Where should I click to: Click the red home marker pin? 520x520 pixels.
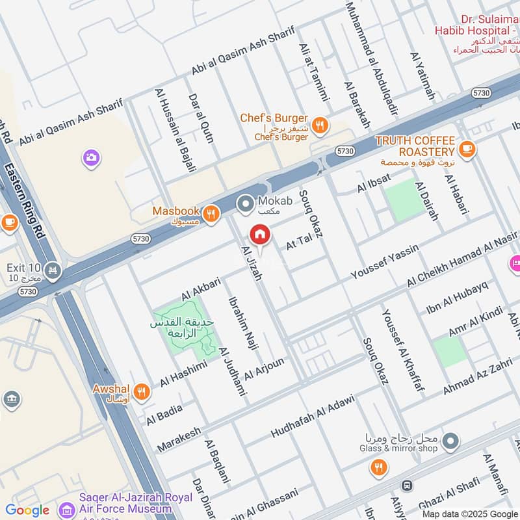[x=259, y=234]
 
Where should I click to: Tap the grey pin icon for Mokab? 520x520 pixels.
[x=245, y=205]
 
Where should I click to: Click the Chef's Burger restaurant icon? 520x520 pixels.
[x=319, y=125]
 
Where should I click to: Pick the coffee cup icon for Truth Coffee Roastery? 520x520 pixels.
[x=466, y=149]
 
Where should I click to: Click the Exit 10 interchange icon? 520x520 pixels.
[x=53, y=269]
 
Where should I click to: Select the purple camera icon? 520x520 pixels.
[x=91, y=157]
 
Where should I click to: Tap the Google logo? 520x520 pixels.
[x=27, y=510]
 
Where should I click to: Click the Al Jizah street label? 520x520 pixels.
[x=251, y=263]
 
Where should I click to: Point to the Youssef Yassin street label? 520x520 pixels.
[x=384, y=262]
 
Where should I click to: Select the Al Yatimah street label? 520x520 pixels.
[x=422, y=76]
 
